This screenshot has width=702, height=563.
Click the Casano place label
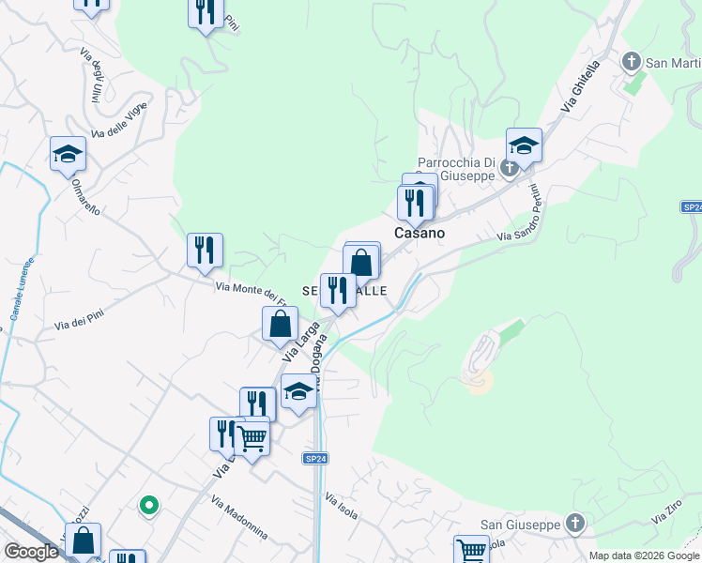pos(420,233)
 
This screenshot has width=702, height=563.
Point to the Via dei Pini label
pos(77,320)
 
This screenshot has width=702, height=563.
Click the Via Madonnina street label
pos(239,517)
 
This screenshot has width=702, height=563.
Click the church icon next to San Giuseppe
pos(576,524)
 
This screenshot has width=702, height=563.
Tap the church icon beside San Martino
pos(632,63)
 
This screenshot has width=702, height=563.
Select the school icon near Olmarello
pos(68,153)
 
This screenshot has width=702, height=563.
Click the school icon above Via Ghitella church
pos(524,144)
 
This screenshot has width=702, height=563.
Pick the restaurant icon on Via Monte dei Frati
pos(205,250)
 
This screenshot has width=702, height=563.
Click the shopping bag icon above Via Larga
pos(280,324)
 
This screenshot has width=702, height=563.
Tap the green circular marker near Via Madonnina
pos(147,507)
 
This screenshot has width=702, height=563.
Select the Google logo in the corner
pos(31,552)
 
